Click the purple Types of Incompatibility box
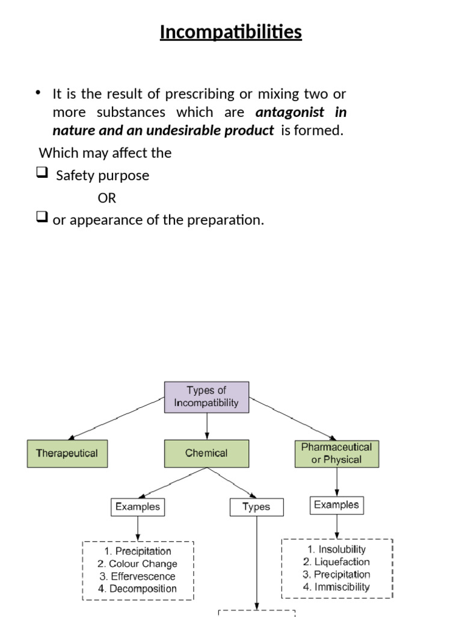tap(206, 396)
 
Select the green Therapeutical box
tap(67, 453)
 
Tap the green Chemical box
tap(206, 453)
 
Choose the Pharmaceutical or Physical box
tap(336, 453)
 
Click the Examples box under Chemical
tap(138, 507)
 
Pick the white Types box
tap(256, 507)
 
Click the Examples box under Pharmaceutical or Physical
tap(336, 505)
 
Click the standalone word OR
tap(106, 198)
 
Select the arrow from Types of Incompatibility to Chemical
tap(206, 425)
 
